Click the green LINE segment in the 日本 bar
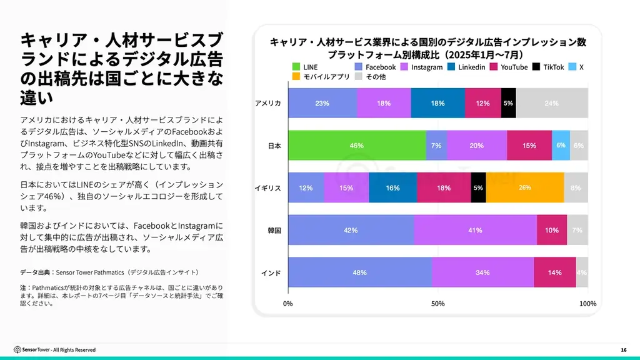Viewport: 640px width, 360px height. point(357,146)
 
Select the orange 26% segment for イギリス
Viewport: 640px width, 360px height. point(525,187)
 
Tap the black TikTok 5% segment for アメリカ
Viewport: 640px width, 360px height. point(508,103)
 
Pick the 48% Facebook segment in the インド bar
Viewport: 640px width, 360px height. point(359,272)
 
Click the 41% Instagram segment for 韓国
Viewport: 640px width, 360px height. point(475,230)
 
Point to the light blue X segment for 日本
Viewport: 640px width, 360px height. point(561,146)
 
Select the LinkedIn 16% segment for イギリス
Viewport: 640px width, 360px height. point(392,187)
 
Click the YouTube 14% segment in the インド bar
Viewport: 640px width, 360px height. point(554,272)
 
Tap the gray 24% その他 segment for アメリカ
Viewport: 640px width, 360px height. point(552,103)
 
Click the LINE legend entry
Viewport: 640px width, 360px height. point(306,67)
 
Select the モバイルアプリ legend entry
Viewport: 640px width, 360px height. point(316,77)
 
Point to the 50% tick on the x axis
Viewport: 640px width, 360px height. point(438,304)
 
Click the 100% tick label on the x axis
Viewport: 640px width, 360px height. point(587,304)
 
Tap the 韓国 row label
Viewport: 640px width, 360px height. point(274,230)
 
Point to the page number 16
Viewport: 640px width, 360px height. point(623,349)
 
